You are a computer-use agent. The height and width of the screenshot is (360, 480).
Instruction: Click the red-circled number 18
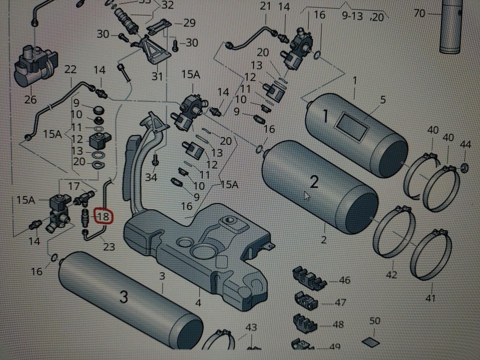pyautogui.click(x=104, y=216)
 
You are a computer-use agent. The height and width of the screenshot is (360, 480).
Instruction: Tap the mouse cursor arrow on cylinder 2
pyautogui.click(x=306, y=195)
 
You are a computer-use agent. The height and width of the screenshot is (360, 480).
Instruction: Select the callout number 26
pyautogui.click(x=30, y=99)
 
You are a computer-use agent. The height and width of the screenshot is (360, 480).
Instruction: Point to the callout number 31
pyautogui.click(x=157, y=76)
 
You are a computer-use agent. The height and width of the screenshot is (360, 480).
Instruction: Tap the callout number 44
pyautogui.click(x=465, y=144)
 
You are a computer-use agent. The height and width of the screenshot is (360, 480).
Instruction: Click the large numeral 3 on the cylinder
pyautogui.click(x=123, y=296)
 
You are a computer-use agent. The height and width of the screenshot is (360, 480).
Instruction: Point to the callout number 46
pyautogui.click(x=344, y=280)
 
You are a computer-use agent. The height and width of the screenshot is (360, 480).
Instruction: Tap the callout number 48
pyautogui.click(x=338, y=324)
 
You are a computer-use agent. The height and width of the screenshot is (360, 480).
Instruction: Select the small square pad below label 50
pyautogui.click(x=374, y=341)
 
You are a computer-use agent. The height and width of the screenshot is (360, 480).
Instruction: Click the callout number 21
pyautogui.click(x=265, y=6)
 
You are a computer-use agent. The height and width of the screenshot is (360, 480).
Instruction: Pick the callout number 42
pyautogui.click(x=391, y=274)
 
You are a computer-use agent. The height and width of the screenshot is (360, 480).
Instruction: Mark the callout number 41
pyautogui.click(x=430, y=298)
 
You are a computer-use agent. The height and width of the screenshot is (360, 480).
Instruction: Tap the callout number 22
pyautogui.click(x=70, y=69)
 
